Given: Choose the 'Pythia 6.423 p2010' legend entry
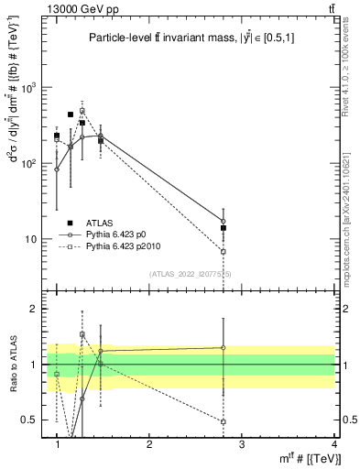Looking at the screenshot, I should (124, 246).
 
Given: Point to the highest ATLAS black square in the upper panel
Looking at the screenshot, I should (71, 115).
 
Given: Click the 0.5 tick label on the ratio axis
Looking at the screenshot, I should (34, 420).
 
